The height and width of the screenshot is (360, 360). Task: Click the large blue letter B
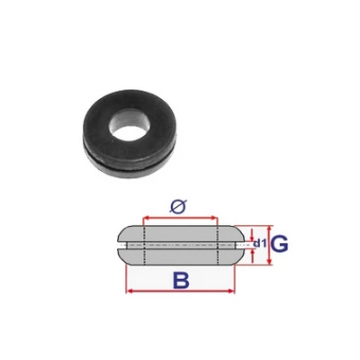tap(181, 282)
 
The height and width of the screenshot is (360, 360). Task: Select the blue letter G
tap(280, 243)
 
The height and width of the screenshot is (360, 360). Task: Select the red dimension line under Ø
tap(180, 218)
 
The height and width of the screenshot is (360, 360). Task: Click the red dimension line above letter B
tap(180, 292)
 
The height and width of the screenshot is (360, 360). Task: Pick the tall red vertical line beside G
tap(269, 243)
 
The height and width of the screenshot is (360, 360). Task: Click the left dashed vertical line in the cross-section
tap(142, 243)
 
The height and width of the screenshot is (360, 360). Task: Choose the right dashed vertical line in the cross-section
tap(218, 243)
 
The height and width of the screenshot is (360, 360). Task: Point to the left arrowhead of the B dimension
tap(129, 292)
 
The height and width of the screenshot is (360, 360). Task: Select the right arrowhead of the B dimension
tap(232, 292)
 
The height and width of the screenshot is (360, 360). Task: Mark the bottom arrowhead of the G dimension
tap(269, 261)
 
